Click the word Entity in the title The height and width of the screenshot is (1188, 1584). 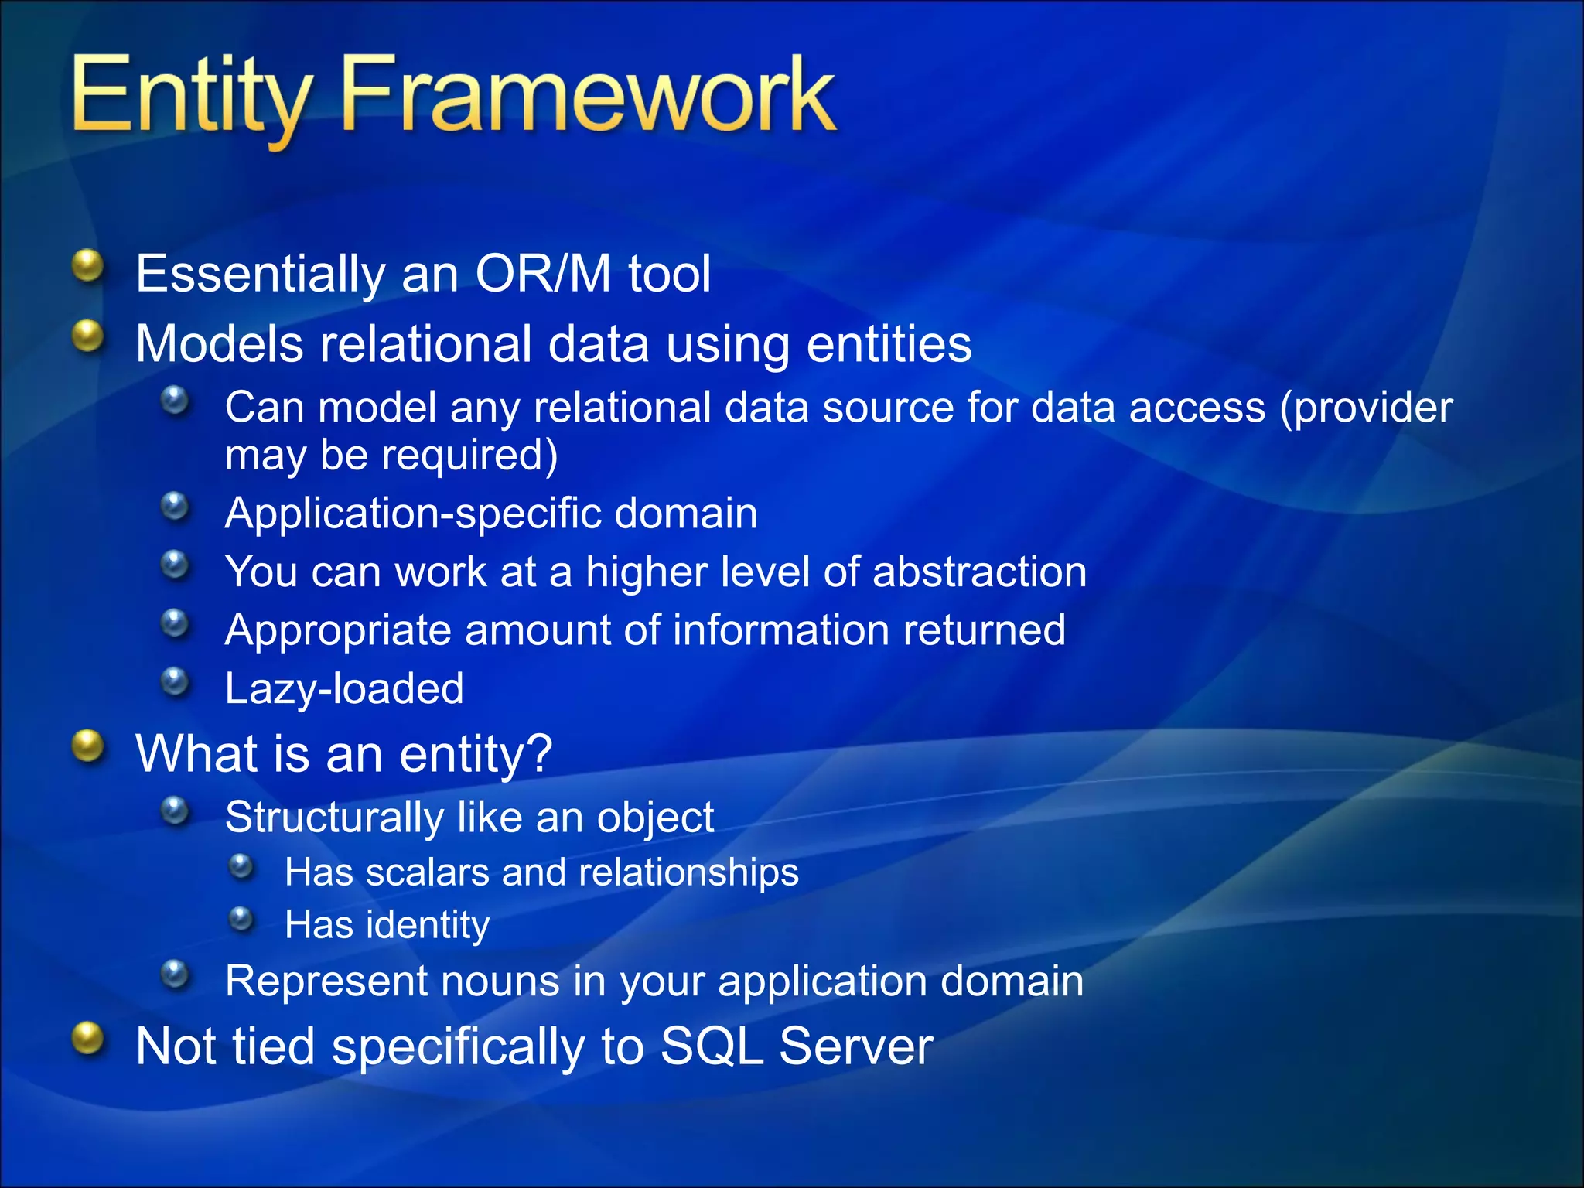click(x=189, y=97)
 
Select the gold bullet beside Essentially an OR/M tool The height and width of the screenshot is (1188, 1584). click(x=88, y=267)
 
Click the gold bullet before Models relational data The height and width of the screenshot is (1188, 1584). click(x=88, y=336)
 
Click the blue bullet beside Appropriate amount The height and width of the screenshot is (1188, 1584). click(x=176, y=623)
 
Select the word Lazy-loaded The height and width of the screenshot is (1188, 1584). click(x=344, y=688)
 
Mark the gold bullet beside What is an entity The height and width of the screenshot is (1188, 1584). click(x=88, y=746)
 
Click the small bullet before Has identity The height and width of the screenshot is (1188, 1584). click(x=242, y=919)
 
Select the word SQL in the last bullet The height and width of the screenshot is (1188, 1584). click(x=712, y=1046)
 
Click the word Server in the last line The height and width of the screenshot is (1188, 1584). click(x=855, y=1046)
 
